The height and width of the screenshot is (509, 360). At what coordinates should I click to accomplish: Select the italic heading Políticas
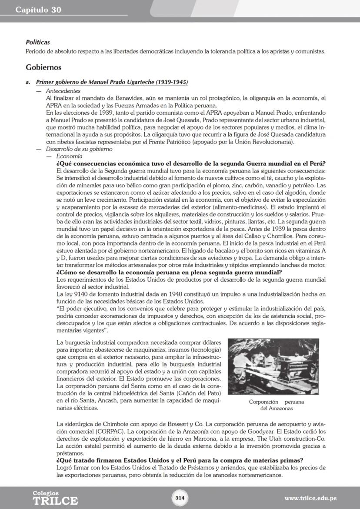[x=37, y=43]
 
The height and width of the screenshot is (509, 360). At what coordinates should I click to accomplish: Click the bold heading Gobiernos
[x=43, y=67]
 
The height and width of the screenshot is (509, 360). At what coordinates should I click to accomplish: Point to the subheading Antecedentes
[x=63, y=91]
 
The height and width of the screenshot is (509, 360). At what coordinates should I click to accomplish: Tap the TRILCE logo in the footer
[x=55, y=498]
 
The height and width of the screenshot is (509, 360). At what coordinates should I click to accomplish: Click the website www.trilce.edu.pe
[x=310, y=498]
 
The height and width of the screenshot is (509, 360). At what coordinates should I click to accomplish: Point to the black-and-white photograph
[x=273, y=366]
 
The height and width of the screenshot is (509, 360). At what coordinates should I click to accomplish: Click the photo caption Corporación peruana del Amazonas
[x=277, y=405]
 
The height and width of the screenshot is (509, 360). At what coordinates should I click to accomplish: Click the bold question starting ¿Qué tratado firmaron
[x=180, y=460]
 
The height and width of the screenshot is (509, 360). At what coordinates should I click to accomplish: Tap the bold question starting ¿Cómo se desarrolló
[x=169, y=273]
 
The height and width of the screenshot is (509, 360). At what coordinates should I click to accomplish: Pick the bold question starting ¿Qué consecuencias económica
[x=191, y=163]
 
